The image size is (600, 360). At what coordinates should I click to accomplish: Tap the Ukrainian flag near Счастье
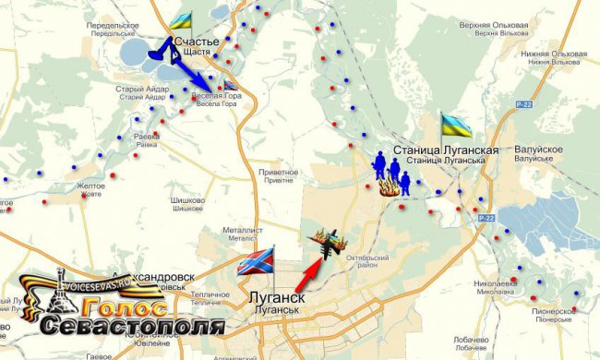181,19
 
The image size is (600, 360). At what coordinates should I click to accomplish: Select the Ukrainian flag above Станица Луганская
456,125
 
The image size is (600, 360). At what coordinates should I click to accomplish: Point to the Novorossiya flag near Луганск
256,263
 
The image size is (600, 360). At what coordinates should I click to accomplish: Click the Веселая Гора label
214,94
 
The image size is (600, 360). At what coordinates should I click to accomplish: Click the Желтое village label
90,186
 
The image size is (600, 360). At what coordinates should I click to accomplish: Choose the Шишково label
188,200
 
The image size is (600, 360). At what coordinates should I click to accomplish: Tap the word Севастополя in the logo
132,326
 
